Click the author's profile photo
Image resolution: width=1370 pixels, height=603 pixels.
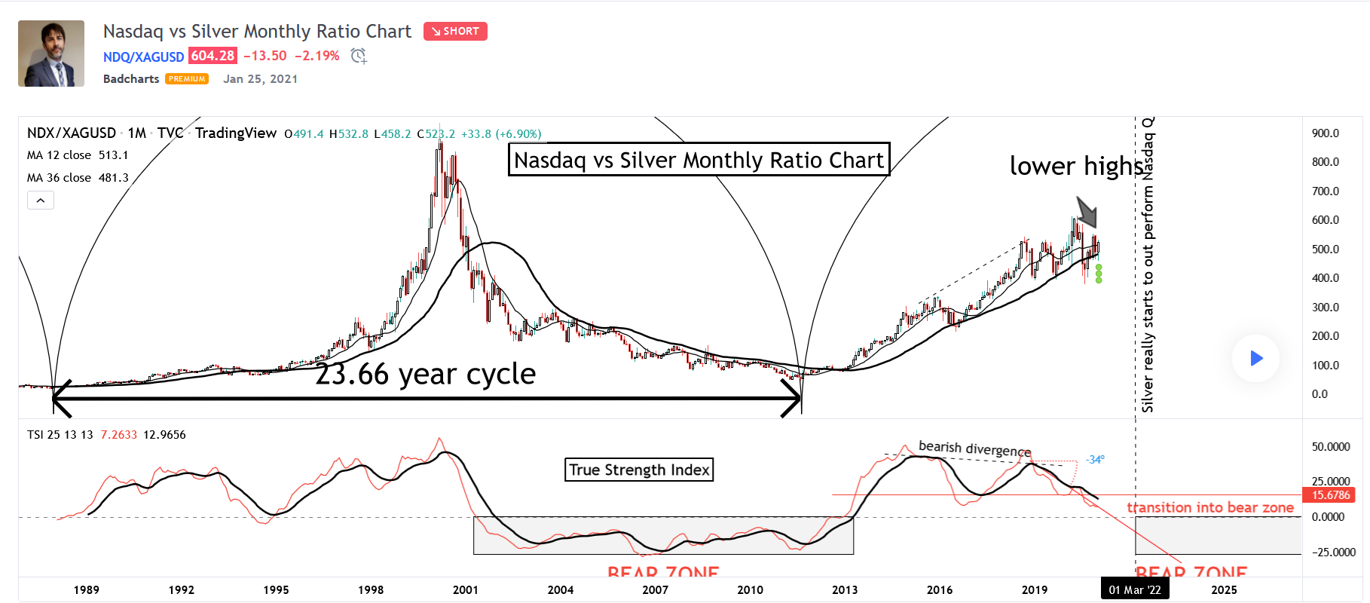point(51,54)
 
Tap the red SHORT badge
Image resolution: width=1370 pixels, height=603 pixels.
point(455,31)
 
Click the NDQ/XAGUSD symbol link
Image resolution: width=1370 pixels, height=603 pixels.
point(143,57)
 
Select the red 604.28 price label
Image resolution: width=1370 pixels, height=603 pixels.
point(213,56)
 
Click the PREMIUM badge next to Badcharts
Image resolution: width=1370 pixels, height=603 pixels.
point(187,79)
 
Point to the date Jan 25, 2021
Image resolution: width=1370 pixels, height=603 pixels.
point(260,79)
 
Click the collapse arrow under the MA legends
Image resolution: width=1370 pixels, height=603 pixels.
point(41,200)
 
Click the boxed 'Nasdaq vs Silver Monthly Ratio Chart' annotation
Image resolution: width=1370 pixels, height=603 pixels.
point(699,160)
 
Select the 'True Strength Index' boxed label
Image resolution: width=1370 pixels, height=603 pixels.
point(639,470)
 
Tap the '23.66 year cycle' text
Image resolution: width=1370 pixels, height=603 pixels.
point(425,374)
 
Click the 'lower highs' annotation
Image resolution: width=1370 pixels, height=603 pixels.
point(1076,166)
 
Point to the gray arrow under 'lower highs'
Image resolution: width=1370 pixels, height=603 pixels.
point(1087,212)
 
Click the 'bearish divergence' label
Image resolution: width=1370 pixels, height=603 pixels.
point(974,448)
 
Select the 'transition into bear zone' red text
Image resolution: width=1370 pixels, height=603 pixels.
point(1210,507)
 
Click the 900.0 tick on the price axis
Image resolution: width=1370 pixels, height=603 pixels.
point(1325,133)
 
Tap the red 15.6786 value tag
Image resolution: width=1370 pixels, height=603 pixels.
point(1330,495)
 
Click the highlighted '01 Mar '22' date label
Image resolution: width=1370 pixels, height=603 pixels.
point(1134,589)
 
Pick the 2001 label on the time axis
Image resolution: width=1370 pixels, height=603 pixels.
point(466,589)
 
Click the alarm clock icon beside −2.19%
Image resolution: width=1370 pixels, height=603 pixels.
point(359,56)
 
